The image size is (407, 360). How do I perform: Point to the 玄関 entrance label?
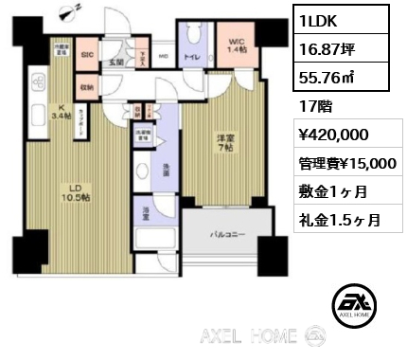[x=116, y=63]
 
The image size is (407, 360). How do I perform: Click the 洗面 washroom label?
[x=166, y=171]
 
